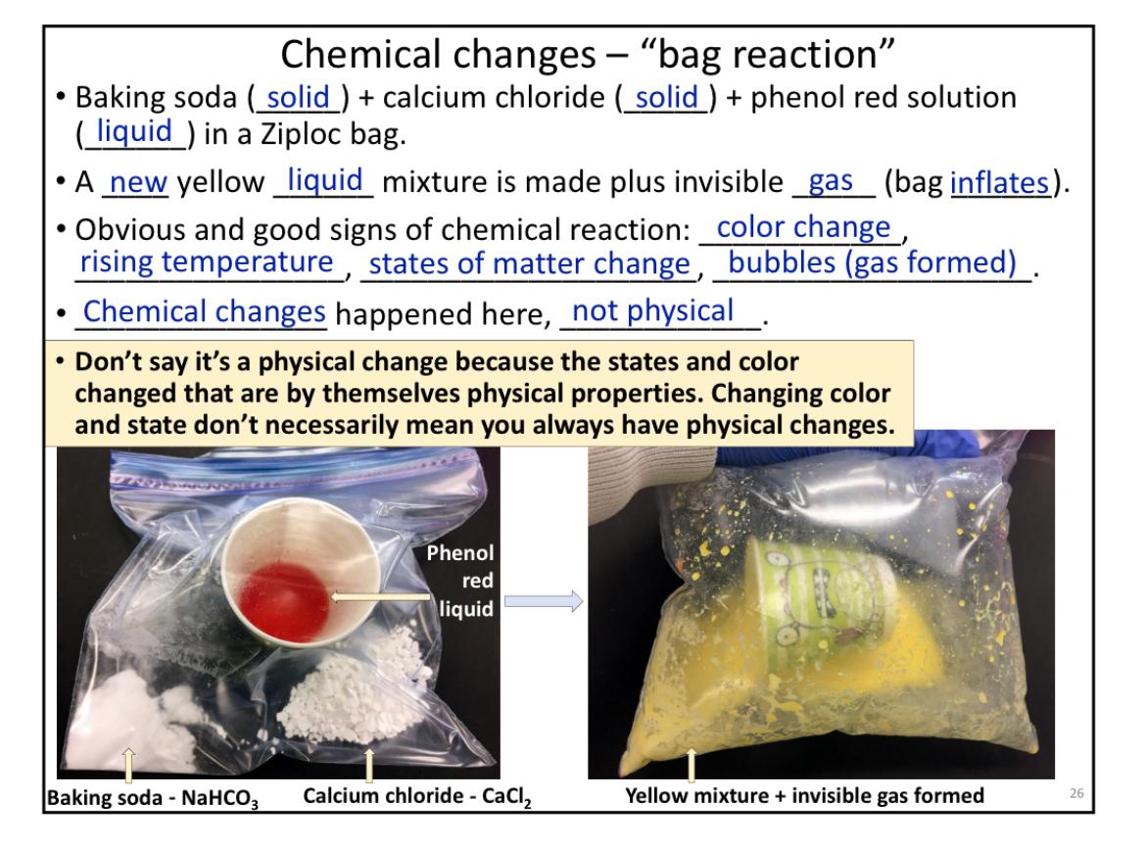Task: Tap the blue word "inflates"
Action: click(1000, 183)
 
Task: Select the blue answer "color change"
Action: click(803, 227)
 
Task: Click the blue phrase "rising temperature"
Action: click(207, 261)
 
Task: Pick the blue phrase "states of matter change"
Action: click(529, 263)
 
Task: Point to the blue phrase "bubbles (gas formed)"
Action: click(872, 262)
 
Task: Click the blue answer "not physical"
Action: click(652, 311)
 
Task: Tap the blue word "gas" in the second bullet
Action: click(831, 181)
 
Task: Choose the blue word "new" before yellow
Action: click(139, 182)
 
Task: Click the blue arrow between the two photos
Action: click(543, 601)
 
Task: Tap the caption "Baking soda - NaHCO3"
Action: click(153, 797)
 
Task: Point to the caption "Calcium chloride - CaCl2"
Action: click(417, 796)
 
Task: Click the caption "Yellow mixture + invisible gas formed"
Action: click(804, 795)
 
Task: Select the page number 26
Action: click(1075, 793)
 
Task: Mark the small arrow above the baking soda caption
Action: click(128, 764)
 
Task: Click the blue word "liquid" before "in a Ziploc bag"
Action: click(134, 131)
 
